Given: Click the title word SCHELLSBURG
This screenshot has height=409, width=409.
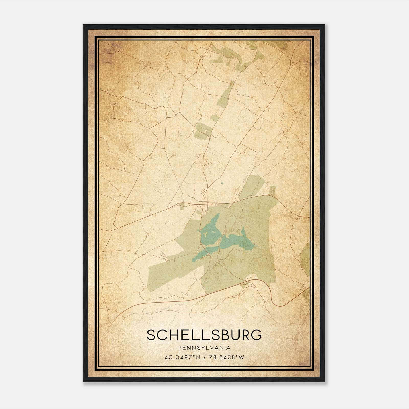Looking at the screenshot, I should (x=204, y=335).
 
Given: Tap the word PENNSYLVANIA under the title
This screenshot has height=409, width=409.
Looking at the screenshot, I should (x=204, y=348).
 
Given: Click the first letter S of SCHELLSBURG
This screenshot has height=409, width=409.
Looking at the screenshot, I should (x=151, y=335).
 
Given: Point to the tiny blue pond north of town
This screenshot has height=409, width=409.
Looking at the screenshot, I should (x=221, y=183).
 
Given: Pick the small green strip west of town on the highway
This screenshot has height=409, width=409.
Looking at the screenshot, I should (x=182, y=206).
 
